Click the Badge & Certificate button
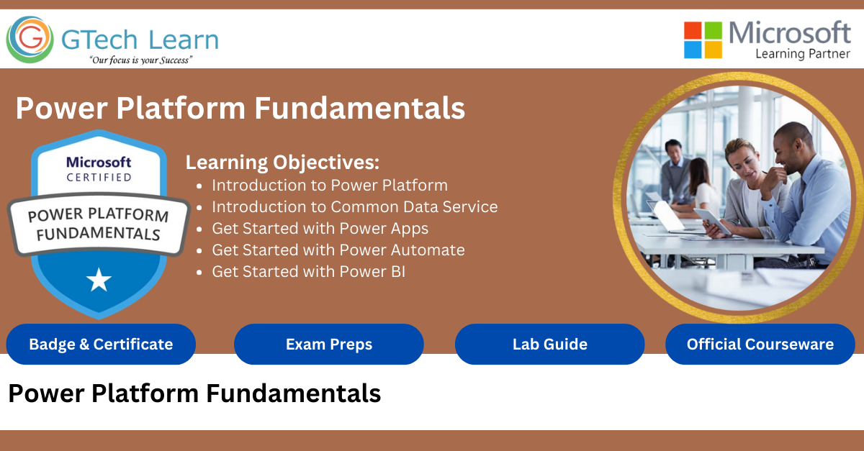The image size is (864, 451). point(101,345)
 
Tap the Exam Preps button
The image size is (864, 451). point(329,345)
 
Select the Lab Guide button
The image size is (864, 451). point(549,345)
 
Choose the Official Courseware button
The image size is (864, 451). point(760,345)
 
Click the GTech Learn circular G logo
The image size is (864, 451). point(30,40)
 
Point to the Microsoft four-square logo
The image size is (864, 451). point(703,40)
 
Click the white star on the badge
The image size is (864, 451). point(99,280)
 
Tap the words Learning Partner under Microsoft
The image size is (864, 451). point(803,54)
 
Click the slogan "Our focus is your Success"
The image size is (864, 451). point(141,60)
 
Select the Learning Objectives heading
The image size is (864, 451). point(282,163)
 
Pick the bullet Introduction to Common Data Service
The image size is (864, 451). point(355,207)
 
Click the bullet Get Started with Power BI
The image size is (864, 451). point(309,272)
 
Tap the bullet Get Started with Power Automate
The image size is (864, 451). point(338,250)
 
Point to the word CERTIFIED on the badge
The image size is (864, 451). point(99,178)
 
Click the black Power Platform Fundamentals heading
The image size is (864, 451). point(195,393)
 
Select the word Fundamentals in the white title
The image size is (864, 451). point(359,108)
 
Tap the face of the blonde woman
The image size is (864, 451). point(742,164)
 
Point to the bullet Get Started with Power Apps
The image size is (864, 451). point(320,229)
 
